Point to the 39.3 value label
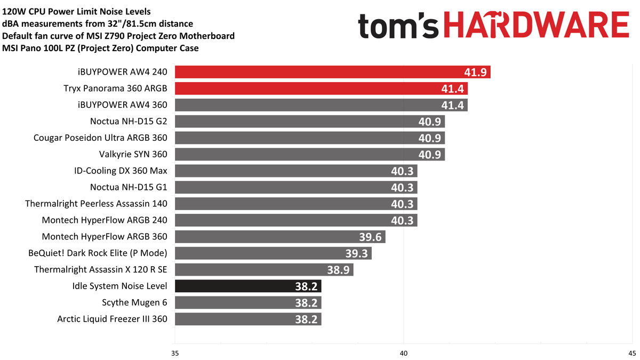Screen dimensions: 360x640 click(x=356, y=253)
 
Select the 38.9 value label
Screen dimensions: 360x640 click(x=338, y=270)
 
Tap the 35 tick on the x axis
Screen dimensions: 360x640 click(x=175, y=353)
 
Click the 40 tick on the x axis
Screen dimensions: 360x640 click(x=403, y=353)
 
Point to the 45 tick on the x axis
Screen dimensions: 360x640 click(x=631, y=353)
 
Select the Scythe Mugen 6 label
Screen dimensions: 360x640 click(x=134, y=303)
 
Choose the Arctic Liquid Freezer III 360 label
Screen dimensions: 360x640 click(x=112, y=319)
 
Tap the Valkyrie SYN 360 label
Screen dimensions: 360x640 click(x=133, y=155)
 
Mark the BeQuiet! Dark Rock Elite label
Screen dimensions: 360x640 click(x=98, y=253)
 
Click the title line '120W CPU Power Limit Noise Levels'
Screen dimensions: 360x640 click(x=76, y=11)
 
